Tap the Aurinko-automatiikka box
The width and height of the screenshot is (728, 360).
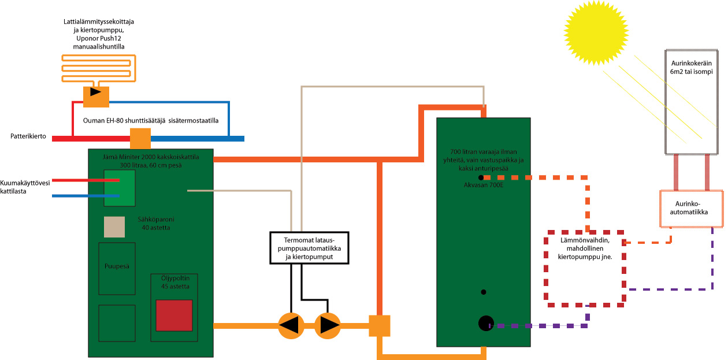coord(691,208)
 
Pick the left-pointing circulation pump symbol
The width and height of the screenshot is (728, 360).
coord(291,325)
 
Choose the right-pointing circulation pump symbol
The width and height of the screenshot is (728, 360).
coord(328,325)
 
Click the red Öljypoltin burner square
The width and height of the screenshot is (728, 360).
coord(174,315)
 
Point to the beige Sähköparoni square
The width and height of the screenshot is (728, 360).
coord(114,227)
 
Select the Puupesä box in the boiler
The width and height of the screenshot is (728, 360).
coord(117,268)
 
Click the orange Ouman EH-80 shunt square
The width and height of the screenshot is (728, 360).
coord(140,139)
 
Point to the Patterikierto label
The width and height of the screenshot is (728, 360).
coord(28,136)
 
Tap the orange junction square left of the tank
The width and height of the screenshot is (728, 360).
coord(380,326)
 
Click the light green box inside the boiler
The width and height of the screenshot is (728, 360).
coord(120,188)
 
